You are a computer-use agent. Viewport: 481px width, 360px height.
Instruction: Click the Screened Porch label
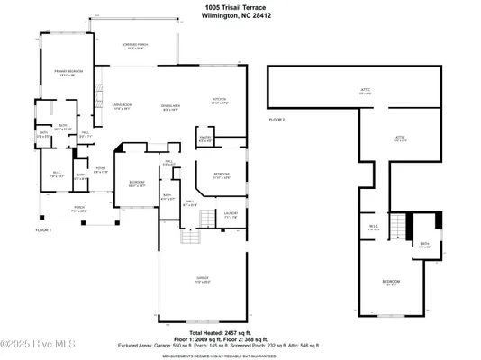coord(137,46)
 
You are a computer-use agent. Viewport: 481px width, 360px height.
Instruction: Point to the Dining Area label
coord(171,108)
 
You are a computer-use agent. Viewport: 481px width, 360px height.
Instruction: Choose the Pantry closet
coord(204,139)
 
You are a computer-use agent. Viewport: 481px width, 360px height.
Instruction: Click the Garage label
coord(203,279)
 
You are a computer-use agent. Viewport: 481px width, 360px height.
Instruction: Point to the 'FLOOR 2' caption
coord(277,119)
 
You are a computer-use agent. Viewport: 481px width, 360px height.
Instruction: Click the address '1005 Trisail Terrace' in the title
coord(240,7)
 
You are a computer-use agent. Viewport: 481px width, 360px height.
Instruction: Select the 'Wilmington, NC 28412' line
coord(240,16)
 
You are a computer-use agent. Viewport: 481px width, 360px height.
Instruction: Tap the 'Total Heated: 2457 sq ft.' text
coord(240,332)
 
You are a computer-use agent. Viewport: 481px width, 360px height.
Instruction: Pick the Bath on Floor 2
coord(424,244)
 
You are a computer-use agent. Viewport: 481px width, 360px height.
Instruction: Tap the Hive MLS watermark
coord(41,344)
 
